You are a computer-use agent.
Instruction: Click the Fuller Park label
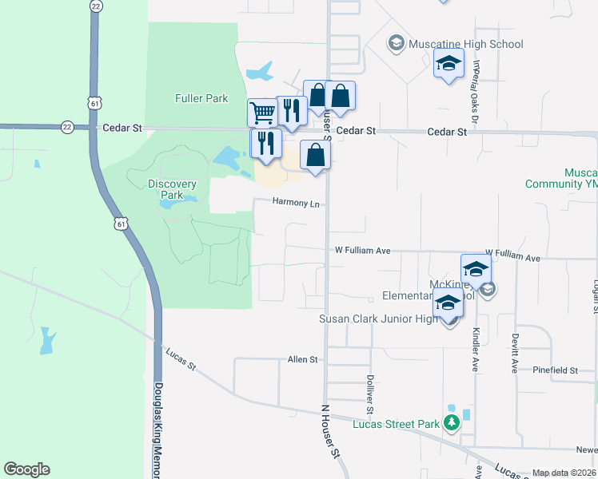(201, 99)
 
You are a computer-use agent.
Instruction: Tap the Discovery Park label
(172, 189)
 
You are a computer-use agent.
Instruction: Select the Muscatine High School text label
(465, 44)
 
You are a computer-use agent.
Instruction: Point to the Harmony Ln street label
(296, 203)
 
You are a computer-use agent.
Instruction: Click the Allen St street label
(303, 360)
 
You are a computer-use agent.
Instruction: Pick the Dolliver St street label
(370, 394)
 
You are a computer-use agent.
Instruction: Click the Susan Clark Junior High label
(379, 319)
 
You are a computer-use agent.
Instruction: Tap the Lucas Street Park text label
(396, 424)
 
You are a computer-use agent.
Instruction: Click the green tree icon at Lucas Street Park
(452, 422)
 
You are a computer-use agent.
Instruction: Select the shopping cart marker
(261, 113)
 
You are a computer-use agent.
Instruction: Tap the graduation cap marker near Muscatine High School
(448, 63)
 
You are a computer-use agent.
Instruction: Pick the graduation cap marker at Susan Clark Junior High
(448, 305)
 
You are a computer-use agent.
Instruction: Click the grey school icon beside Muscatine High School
(396, 42)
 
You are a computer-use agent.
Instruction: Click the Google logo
(26, 469)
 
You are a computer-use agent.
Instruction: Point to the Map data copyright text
(563, 473)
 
